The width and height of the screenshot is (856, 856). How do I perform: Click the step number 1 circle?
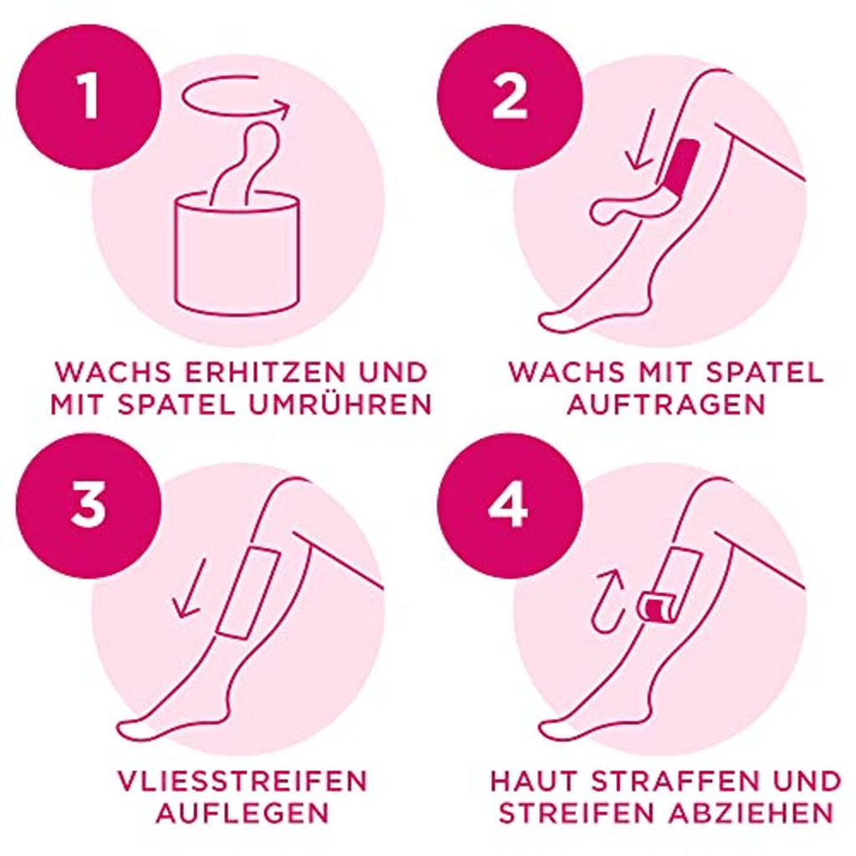tap(89, 97)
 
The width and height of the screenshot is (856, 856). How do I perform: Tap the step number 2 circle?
tap(509, 97)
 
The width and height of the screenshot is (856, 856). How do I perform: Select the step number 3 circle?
tap(89, 506)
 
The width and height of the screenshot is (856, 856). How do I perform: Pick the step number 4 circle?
tap(509, 506)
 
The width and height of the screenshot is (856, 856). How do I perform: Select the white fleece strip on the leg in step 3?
tap(249, 592)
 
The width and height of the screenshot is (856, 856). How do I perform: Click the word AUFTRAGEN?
tap(666, 405)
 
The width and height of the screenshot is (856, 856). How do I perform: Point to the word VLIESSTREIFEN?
tap(242, 782)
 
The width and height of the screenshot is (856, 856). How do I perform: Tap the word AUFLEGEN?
tap(242, 813)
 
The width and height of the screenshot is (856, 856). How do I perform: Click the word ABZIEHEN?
tap(752, 813)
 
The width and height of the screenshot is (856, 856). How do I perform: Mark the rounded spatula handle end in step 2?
tap(605, 210)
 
